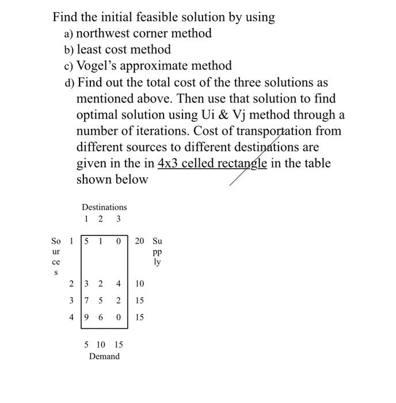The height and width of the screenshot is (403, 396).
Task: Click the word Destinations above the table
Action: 104,207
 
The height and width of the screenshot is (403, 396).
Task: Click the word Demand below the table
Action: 104,356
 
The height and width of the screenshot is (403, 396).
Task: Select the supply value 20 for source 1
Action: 140,241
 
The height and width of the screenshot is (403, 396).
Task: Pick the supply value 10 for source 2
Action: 140,284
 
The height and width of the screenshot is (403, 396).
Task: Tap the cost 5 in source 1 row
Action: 86,241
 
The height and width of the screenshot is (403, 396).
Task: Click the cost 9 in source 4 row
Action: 86,317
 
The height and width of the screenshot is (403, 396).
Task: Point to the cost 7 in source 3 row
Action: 86,301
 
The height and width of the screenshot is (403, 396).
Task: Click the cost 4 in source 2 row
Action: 118,284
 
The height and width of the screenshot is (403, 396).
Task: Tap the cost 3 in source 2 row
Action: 86,284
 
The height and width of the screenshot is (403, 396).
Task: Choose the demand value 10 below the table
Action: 101,345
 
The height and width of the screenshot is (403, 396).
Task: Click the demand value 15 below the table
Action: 118,345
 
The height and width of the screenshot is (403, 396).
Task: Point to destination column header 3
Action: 118,219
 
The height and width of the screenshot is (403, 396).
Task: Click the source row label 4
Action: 71,317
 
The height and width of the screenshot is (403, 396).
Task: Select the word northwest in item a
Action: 105,33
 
